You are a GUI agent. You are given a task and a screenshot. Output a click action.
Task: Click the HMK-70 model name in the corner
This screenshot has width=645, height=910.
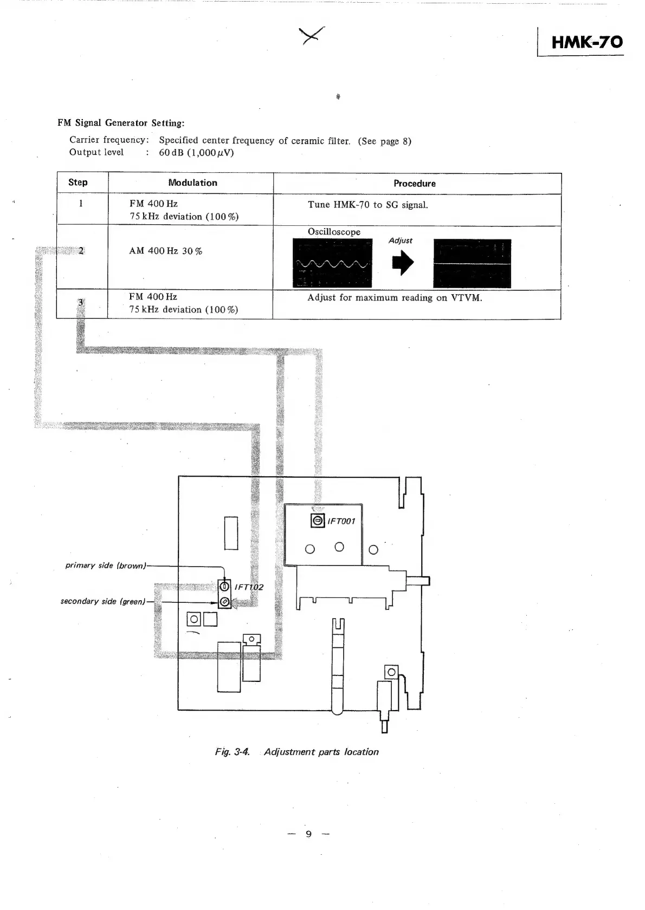586,42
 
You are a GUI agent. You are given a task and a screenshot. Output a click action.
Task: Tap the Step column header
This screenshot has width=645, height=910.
78,183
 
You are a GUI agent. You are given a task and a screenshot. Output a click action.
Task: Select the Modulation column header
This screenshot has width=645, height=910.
192,183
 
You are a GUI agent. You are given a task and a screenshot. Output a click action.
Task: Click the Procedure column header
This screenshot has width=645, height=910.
414,184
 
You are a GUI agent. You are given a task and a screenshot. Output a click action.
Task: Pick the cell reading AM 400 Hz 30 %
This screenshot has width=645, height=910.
165,251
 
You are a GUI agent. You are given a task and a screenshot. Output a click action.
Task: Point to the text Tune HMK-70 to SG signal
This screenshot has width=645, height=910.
367,205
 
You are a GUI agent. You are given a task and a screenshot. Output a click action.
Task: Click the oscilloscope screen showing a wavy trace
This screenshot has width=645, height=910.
332,263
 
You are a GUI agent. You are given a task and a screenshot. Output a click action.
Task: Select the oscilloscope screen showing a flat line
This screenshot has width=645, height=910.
472,263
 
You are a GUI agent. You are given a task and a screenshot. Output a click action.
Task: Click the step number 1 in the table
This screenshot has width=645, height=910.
81,204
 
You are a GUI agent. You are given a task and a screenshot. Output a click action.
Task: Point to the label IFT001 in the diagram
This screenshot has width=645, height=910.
341,521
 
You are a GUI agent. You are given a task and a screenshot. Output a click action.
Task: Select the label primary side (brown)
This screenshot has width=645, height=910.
106,565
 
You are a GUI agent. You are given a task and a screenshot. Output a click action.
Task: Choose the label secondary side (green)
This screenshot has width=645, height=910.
103,601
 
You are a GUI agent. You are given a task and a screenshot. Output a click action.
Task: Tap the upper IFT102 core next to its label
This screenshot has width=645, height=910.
224,586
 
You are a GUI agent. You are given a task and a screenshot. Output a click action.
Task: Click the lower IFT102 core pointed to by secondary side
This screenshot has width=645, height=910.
224,602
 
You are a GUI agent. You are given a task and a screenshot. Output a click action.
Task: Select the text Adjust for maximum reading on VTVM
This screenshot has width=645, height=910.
394,298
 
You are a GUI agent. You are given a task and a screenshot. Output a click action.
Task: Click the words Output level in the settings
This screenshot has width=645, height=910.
96,152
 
